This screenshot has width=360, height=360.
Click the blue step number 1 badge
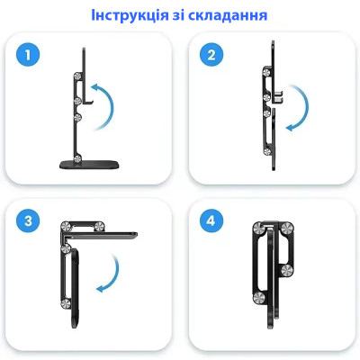tap(31, 56)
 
